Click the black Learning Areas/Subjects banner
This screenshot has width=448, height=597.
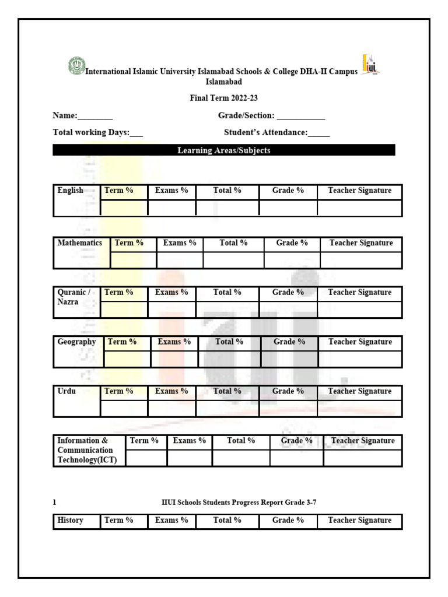223,150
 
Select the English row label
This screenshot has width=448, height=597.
70,191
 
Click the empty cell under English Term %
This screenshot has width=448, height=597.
124,208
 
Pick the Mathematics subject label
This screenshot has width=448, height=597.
80,243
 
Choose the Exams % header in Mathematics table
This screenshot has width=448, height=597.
180,243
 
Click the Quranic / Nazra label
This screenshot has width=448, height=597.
74,297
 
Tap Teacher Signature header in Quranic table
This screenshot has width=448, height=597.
359,292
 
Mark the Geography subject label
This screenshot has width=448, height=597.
77,342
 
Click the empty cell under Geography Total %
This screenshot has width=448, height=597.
229,359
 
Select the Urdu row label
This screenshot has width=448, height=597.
66,391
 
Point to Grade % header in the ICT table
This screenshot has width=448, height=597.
296,441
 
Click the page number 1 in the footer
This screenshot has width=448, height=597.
55,502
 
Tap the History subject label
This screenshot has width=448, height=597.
71,521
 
